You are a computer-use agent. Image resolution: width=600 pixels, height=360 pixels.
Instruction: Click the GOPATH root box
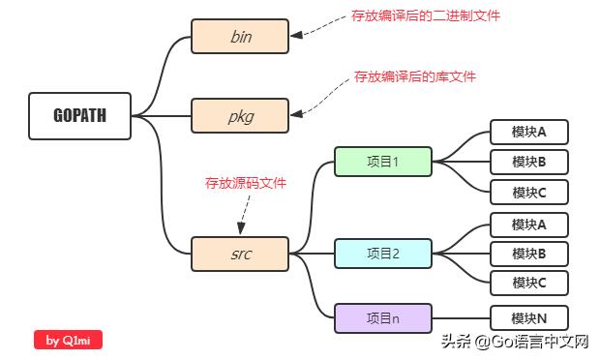pyautogui.click(x=79, y=116)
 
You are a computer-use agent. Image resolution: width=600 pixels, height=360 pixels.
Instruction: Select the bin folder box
pyautogui.click(x=240, y=38)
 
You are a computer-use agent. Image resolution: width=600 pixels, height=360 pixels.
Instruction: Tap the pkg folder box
pyautogui.click(x=240, y=116)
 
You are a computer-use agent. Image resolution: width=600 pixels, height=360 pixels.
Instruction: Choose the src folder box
pyautogui.click(x=240, y=254)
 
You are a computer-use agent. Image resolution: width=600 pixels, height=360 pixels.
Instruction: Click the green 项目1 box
pyautogui.click(x=382, y=162)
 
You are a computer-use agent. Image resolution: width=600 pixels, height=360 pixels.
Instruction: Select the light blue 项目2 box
pyautogui.click(x=382, y=254)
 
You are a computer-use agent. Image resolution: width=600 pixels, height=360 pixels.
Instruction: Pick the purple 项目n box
pyautogui.click(x=382, y=317)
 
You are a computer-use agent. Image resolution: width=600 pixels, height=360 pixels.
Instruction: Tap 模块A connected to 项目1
pyautogui.click(x=528, y=132)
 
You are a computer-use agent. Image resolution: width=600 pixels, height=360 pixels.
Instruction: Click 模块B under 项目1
pyautogui.click(x=528, y=162)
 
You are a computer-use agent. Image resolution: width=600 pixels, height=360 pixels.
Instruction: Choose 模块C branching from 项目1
pyautogui.click(x=528, y=192)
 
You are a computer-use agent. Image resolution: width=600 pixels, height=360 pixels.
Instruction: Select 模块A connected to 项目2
pyautogui.click(x=528, y=225)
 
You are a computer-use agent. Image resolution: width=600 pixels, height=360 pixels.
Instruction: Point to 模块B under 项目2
pyautogui.click(x=528, y=254)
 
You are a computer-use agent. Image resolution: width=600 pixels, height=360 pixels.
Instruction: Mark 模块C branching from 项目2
pyautogui.click(x=528, y=283)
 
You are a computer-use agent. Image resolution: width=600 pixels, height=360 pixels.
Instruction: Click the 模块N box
pyautogui.click(x=528, y=317)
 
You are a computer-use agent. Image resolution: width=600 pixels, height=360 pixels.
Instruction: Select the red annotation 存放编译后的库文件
pyautogui.click(x=414, y=75)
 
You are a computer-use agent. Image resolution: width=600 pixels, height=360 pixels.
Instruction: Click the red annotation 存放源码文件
pyautogui.click(x=245, y=182)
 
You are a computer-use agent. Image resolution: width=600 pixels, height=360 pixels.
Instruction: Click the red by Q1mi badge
pyautogui.click(x=68, y=340)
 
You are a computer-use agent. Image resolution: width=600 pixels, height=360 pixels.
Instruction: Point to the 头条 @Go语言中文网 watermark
pyautogui.click(x=515, y=342)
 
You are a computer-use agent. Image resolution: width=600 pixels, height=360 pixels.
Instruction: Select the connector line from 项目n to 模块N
pyautogui.click(x=461, y=317)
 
